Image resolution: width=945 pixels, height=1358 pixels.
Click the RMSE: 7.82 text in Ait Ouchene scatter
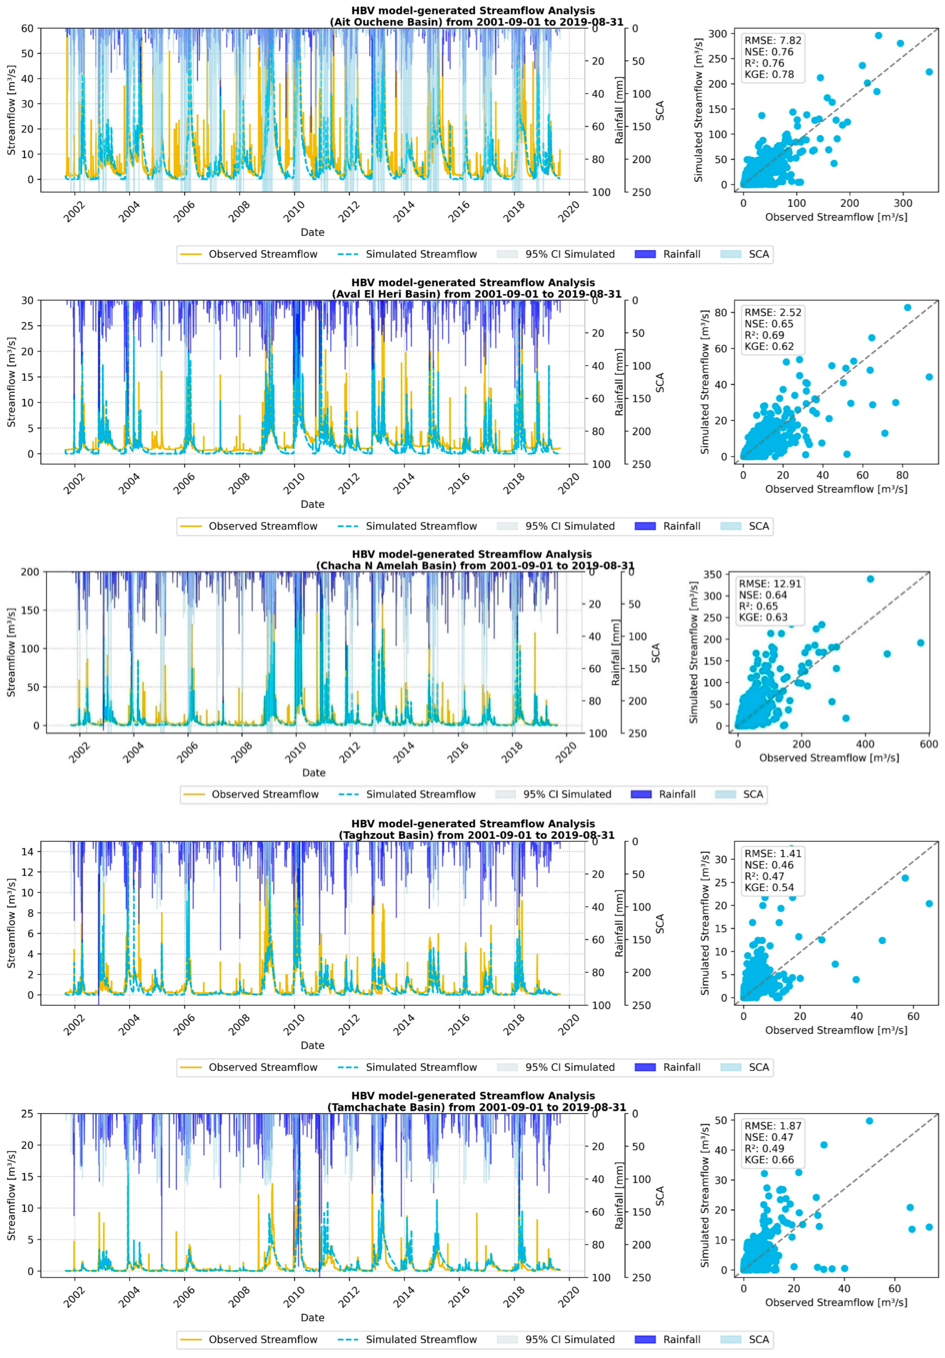click(772, 40)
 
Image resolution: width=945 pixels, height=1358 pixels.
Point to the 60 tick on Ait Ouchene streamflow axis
click(28, 28)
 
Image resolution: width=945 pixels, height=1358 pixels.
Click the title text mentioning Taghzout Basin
click(476, 835)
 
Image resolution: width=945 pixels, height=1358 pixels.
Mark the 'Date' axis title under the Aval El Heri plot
click(312, 504)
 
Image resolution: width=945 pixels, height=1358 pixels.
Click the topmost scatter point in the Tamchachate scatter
click(869, 1121)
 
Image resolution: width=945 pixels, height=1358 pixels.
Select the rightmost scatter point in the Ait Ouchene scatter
click(929, 72)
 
